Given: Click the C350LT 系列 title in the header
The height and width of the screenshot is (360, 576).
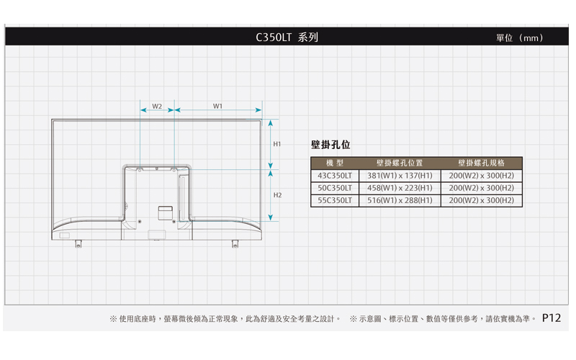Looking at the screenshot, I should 287,37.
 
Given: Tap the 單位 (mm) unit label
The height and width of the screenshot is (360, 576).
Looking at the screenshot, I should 519,37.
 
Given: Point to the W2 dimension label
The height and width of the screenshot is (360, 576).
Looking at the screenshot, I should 156,106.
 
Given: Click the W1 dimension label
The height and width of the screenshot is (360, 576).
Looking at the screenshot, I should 217,106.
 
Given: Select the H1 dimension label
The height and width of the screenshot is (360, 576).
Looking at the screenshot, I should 277,144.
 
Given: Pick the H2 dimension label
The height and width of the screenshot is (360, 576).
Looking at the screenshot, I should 277,195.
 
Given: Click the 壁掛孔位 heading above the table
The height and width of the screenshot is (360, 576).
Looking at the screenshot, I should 330,145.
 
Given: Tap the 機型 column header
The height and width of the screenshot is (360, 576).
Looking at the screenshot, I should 334,163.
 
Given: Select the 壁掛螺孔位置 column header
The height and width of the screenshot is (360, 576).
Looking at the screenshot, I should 400,163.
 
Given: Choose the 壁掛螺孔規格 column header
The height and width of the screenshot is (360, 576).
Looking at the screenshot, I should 481,163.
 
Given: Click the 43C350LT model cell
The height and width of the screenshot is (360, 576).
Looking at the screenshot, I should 334,176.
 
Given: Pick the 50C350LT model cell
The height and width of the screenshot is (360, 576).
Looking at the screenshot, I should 334,188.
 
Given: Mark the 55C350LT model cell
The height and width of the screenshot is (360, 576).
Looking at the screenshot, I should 334,200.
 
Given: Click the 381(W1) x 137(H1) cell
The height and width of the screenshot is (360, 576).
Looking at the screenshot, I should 400,176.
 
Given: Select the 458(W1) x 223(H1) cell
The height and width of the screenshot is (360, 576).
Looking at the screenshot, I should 400,188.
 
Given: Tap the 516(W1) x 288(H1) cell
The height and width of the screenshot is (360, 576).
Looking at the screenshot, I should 400,200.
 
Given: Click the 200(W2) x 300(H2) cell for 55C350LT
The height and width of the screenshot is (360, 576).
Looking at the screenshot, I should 481,200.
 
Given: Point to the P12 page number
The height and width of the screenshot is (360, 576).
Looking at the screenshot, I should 552,317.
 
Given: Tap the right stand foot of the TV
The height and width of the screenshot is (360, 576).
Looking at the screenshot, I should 235,243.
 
